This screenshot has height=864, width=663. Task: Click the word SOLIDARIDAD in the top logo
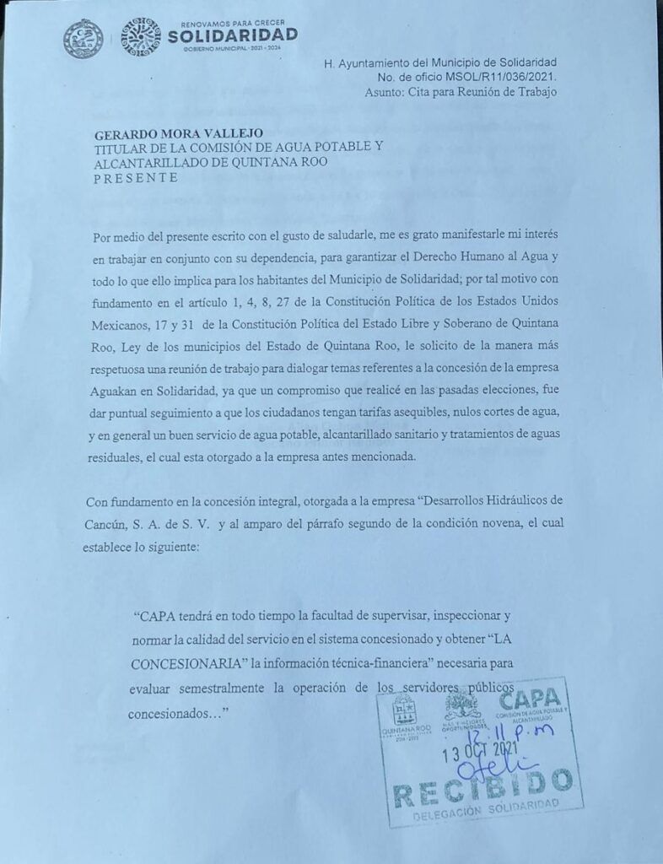pos(233,35)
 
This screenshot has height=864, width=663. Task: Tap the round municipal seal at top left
pos(83,39)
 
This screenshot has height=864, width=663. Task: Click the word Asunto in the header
pos(384,92)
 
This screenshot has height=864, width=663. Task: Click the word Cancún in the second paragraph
pos(108,524)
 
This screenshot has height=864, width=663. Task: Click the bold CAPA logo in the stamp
pos(529,699)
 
